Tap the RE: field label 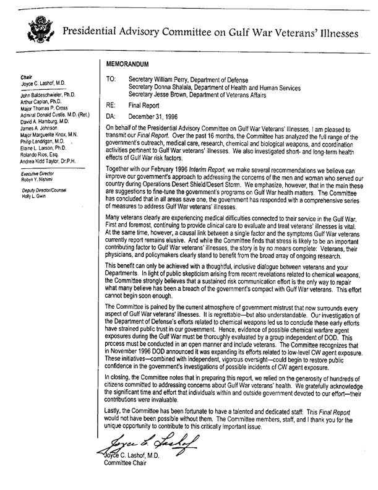[x=111, y=106]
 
